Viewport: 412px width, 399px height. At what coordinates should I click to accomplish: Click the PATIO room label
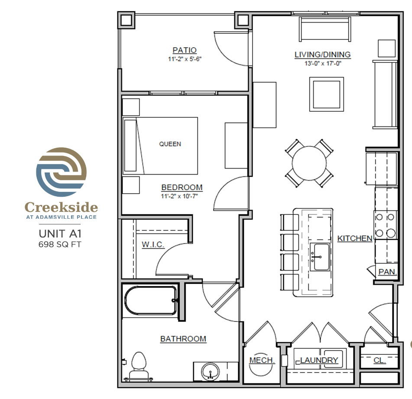(x=185, y=50)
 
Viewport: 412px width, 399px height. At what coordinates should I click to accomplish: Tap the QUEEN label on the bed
(x=170, y=144)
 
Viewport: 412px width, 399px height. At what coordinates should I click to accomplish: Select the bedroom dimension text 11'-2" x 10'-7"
(x=179, y=196)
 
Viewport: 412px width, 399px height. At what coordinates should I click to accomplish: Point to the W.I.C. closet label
(x=153, y=244)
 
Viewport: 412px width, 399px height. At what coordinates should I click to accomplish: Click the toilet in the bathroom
(x=138, y=366)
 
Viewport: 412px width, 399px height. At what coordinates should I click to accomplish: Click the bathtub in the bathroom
(x=151, y=300)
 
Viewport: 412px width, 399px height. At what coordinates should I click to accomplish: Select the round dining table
(x=309, y=163)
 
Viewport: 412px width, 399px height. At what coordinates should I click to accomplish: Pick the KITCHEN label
(x=355, y=239)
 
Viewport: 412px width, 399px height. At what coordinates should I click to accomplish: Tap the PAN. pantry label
(x=387, y=272)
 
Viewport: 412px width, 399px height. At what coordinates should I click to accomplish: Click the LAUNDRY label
(x=319, y=360)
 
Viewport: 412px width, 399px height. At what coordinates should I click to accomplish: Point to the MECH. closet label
(x=262, y=360)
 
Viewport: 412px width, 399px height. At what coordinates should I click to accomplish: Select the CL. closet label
(x=380, y=360)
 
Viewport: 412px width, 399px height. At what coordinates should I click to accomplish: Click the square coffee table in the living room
(x=327, y=94)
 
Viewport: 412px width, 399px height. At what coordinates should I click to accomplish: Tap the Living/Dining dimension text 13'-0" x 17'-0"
(x=323, y=63)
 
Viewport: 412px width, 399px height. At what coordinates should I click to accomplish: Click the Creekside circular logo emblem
(x=61, y=172)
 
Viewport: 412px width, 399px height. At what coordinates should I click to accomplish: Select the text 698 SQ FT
(x=60, y=244)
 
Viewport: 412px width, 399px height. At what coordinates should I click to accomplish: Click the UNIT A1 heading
(x=60, y=234)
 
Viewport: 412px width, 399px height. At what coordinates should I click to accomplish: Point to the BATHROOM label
(x=183, y=339)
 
